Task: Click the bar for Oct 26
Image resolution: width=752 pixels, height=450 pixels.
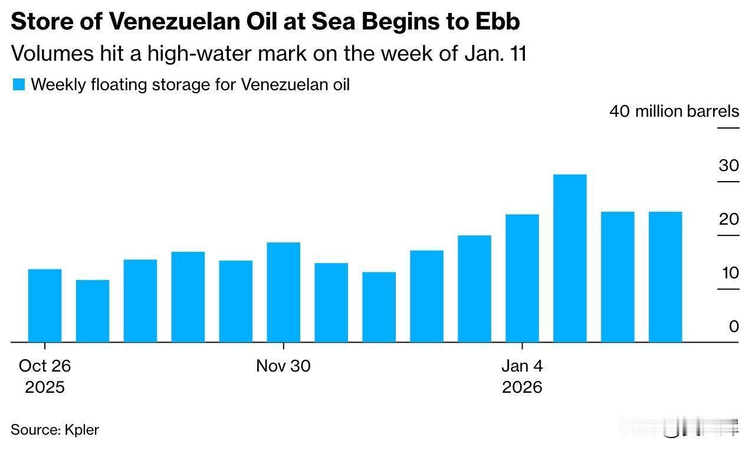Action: (45, 306)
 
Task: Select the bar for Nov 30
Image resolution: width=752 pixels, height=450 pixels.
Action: (284, 292)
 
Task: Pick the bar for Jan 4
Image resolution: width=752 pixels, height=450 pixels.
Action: (523, 278)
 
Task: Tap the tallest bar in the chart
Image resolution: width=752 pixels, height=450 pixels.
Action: (570, 258)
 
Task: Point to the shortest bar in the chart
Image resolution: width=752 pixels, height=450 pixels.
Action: (93, 311)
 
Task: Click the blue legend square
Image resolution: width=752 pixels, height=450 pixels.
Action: (19, 85)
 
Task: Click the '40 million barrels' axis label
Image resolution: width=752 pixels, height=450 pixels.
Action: (674, 111)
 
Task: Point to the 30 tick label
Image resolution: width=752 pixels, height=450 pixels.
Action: (728, 165)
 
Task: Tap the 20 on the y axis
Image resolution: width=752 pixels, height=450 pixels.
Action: (728, 219)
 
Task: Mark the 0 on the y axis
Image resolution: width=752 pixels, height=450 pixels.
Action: (734, 326)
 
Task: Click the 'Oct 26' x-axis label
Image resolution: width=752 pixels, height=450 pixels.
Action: (45, 366)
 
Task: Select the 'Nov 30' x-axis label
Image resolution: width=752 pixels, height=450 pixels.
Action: (283, 366)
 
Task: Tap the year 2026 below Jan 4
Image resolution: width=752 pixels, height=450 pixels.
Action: (522, 387)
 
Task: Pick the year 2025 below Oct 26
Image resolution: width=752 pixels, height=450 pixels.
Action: (45, 387)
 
